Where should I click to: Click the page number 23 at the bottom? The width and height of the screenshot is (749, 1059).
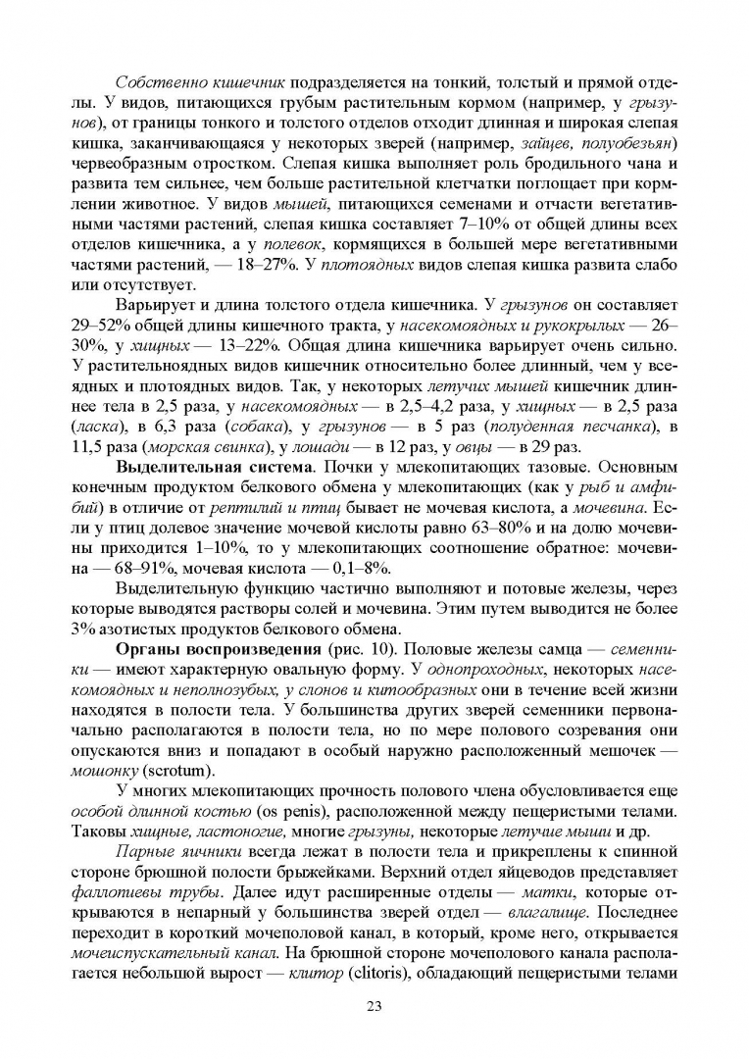pyautogui.click(x=374, y=1005)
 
